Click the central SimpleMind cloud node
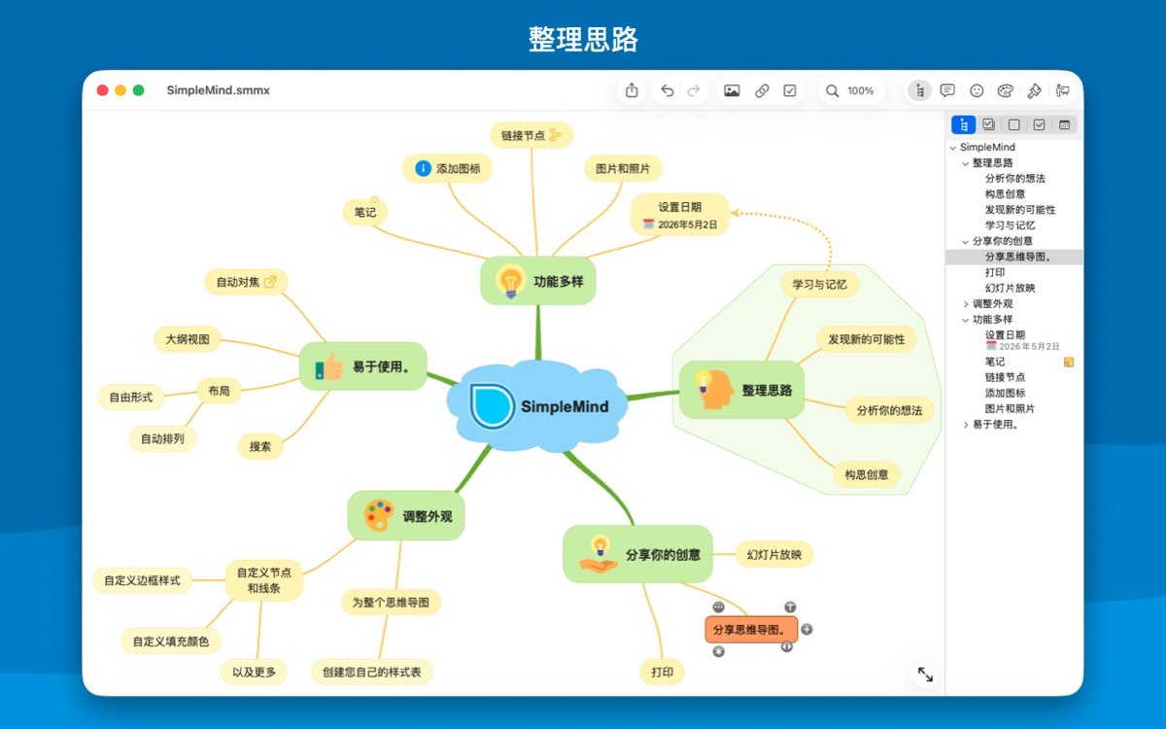tap(537, 405)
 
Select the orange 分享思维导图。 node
tap(751, 630)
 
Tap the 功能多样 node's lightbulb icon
tap(510, 281)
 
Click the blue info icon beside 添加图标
tap(424, 168)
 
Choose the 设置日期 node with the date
tap(679, 215)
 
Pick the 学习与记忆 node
tap(819, 284)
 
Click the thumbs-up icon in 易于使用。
tap(329, 366)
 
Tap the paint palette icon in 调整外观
tap(379, 515)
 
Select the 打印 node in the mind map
tap(662, 672)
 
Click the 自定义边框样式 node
tap(142, 580)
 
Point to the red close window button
tap(103, 90)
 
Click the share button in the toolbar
tap(632, 90)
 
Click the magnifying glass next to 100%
tap(832, 90)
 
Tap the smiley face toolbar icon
tap(977, 90)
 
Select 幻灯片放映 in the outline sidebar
tap(1010, 288)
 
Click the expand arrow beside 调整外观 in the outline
tap(966, 304)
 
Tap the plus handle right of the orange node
tap(806, 629)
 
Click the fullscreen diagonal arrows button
tap(925, 675)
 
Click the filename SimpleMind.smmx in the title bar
tap(218, 90)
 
